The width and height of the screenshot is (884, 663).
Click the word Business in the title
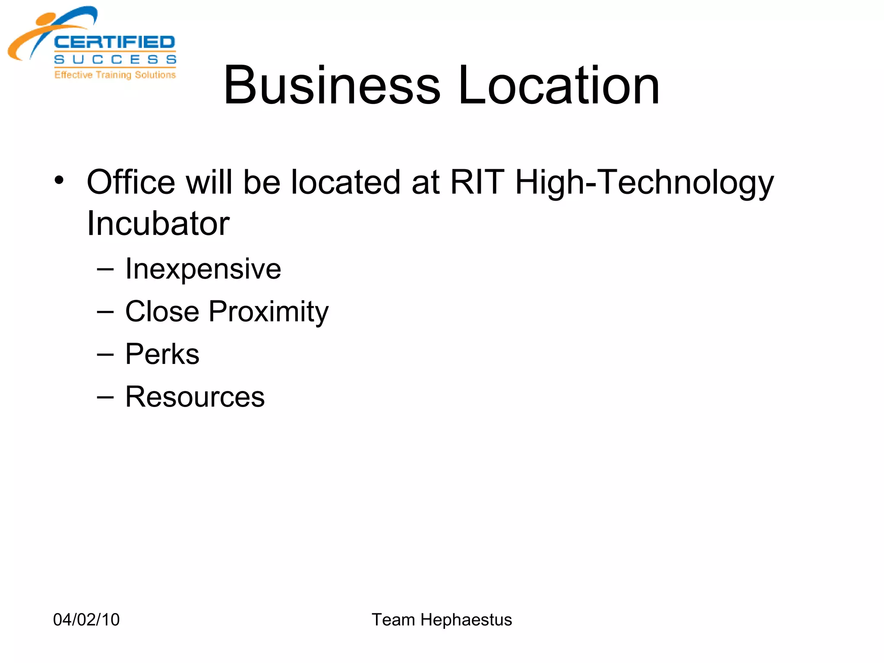pos(331,85)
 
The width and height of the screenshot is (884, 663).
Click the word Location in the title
pos(559,85)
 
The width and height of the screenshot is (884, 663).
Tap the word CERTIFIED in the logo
pos(114,42)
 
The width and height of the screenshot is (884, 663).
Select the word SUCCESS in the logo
pos(115,59)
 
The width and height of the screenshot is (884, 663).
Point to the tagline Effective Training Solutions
pos(115,75)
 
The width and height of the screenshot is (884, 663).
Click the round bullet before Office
pos(59,180)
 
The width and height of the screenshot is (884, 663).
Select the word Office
pos(131,182)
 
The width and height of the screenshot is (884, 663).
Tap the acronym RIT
pos(477,182)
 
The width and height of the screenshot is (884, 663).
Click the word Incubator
pos(158,224)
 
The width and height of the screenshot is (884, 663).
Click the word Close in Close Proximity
pos(162,311)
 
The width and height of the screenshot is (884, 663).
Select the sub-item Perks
pos(162,354)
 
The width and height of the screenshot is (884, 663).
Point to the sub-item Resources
pos(195,397)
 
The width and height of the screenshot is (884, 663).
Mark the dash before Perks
pos(105,355)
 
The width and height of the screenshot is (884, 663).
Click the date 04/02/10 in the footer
pos(86,619)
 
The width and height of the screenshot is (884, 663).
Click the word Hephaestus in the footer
pos(466,620)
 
